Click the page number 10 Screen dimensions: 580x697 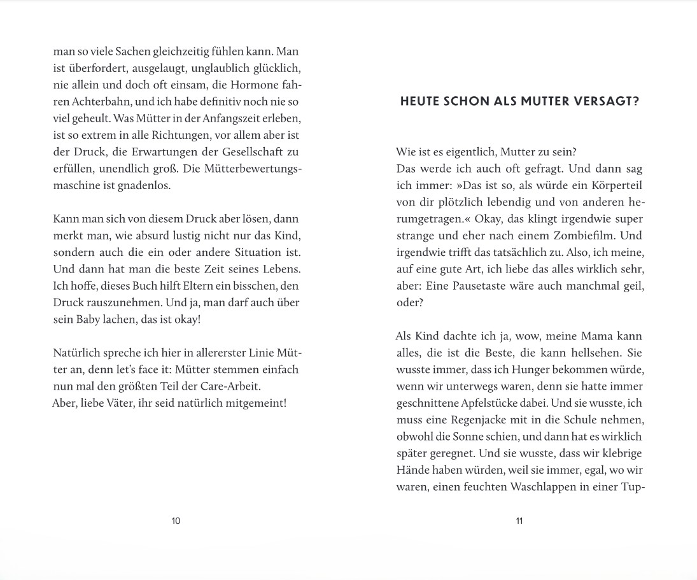[x=176, y=521]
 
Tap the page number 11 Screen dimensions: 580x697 [x=519, y=521]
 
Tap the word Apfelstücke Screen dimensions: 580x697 [x=493, y=403]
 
